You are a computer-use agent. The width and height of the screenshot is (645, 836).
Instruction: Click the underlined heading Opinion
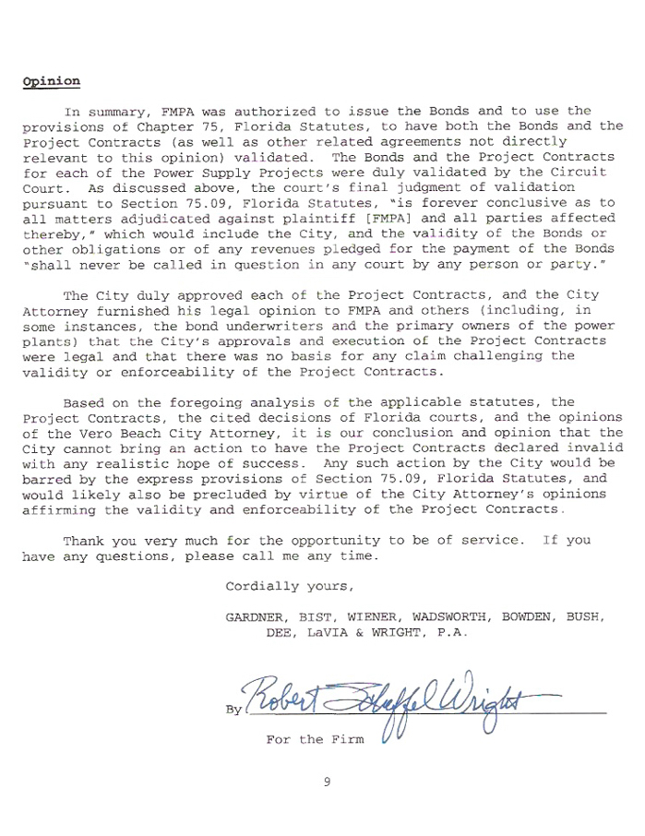[x=51, y=81]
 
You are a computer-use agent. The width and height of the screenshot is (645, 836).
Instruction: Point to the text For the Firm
[x=315, y=739]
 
